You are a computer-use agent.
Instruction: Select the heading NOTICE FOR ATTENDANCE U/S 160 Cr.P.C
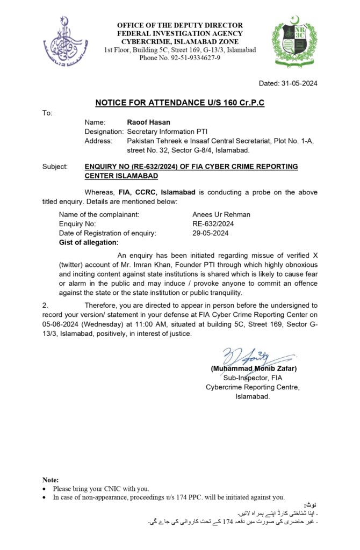(180, 103)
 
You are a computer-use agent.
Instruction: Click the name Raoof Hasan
(141, 122)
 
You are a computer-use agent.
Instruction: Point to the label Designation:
(104, 132)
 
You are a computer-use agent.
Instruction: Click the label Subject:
(55, 167)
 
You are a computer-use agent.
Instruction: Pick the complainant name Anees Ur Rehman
(221, 214)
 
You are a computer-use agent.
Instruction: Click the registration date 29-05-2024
(211, 233)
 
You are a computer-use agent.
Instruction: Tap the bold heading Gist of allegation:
(89, 243)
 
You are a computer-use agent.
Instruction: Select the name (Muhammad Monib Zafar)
(254, 368)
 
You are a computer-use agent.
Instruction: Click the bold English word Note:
(51, 480)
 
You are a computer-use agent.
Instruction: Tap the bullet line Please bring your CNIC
(101, 489)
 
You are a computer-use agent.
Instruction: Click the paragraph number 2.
(46, 305)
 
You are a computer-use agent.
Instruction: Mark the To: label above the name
(47, 113)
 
